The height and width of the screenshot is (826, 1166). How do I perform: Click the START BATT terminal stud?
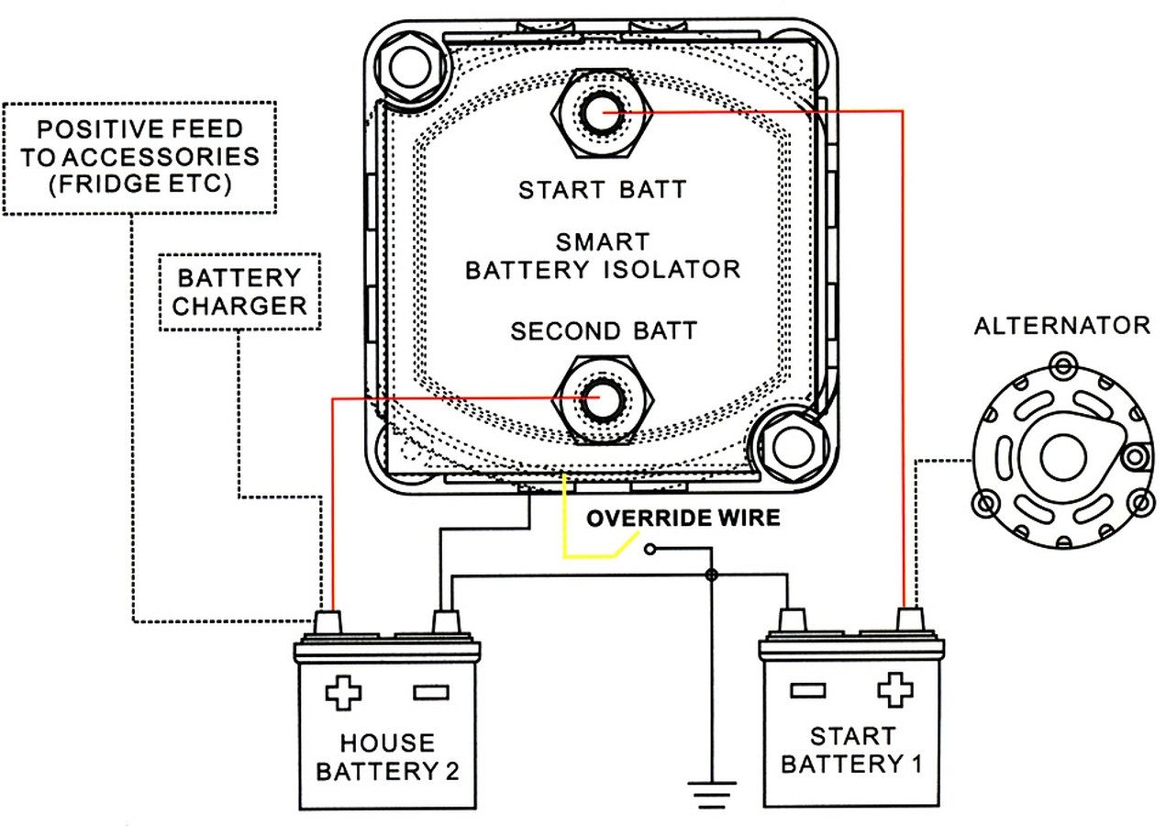point(602,113)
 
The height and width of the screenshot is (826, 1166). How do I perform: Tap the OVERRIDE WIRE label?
point(683,519)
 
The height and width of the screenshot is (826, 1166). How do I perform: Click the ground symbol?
point(712,791)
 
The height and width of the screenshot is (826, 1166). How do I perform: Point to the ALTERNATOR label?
point(1061,326)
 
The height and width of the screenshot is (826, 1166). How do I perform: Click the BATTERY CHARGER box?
point(239,292)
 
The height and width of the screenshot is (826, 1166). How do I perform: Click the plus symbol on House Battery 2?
point(342,693)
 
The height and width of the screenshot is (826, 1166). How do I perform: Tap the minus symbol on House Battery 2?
point(430,693)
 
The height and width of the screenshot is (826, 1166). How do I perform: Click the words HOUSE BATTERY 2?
point(387,756)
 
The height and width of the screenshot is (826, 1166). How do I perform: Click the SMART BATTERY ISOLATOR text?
point(602,256)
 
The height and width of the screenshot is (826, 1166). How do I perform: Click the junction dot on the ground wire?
point(711,575)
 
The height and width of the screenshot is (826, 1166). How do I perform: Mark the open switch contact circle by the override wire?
point(650,549)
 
